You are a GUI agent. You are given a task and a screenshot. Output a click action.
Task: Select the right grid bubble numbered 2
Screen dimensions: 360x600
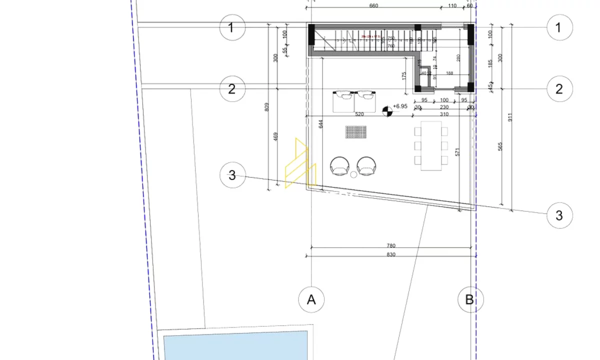559,88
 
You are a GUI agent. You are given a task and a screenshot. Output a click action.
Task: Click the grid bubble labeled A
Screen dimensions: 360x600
311,300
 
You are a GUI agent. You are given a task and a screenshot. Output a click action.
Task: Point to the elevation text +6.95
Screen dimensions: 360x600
400,106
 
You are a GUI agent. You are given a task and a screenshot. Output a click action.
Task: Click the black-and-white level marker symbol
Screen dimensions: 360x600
387,111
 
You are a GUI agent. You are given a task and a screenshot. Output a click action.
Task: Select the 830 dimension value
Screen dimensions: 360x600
391,254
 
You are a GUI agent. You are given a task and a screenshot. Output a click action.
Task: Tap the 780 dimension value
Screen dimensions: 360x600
391,245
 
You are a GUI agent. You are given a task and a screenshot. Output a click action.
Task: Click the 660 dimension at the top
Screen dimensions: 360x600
373,6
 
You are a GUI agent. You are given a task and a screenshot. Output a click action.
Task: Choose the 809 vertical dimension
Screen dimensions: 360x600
267,107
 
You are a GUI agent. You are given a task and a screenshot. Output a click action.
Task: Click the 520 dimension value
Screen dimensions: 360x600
359,114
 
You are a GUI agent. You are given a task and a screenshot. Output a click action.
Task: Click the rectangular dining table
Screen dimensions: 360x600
431,145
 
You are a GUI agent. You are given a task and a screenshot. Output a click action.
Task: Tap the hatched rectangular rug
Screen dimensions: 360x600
356,132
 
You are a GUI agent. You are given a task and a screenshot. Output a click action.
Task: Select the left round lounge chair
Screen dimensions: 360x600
340,165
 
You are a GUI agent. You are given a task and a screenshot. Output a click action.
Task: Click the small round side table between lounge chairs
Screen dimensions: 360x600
353,174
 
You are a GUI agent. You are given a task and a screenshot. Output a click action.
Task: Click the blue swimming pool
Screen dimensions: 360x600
235,347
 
